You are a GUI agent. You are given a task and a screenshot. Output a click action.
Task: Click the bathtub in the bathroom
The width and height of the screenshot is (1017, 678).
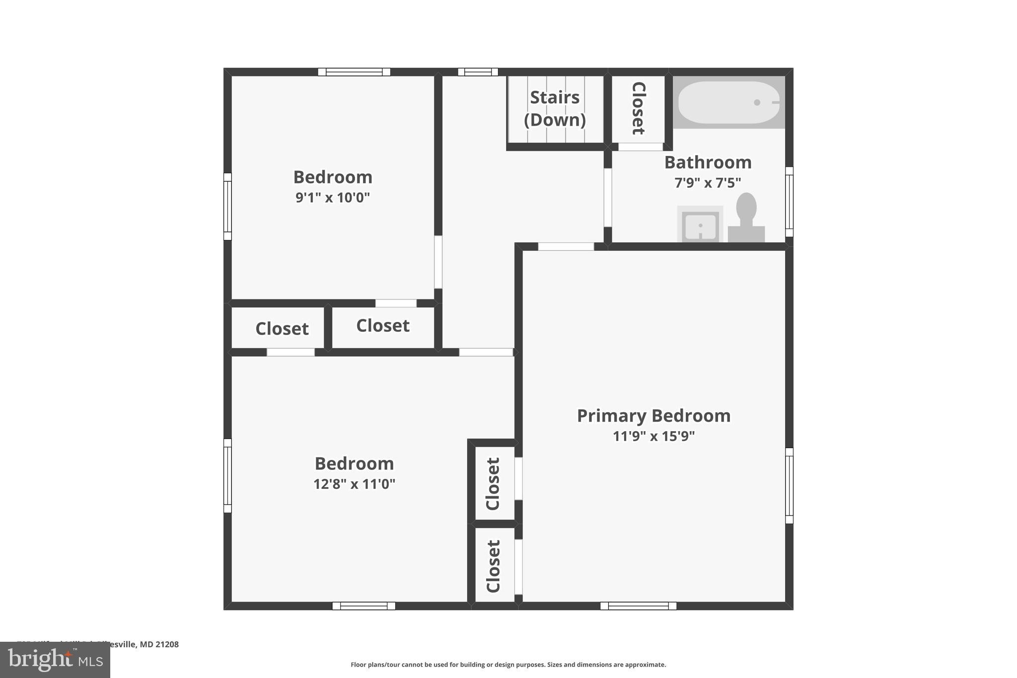728,102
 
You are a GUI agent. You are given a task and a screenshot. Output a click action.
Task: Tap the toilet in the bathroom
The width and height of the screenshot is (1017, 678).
746,219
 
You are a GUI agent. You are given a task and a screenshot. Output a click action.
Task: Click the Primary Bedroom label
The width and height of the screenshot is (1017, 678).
654,416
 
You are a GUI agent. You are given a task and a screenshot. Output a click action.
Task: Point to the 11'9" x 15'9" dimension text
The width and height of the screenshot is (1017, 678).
654,436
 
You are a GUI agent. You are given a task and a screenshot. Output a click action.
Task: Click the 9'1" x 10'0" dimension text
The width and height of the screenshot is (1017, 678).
333,198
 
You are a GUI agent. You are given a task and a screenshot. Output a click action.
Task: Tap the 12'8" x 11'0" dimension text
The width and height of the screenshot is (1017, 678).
354,484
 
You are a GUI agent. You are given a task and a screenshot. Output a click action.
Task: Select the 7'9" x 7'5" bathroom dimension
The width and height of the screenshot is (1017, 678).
708,183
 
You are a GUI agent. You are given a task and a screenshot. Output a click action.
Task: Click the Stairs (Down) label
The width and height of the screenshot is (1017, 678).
555,108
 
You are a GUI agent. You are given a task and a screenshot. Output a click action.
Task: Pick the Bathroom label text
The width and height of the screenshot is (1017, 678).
708,162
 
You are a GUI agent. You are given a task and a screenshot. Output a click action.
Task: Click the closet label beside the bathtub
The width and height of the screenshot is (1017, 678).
639,108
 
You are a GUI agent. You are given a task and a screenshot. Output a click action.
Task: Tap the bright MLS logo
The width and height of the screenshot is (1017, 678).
55,660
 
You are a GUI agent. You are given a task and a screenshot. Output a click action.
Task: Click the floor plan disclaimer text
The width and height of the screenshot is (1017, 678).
508,665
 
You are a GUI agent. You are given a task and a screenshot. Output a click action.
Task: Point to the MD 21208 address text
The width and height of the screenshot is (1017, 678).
159,644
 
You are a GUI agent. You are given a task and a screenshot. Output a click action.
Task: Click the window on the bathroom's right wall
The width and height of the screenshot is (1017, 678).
789,202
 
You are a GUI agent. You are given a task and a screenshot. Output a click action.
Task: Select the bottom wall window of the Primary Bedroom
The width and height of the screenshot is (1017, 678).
638,606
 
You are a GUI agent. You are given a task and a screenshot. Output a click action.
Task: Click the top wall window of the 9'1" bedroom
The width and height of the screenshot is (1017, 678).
354,72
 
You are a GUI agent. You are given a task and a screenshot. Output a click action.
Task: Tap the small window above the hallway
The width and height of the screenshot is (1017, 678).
478,72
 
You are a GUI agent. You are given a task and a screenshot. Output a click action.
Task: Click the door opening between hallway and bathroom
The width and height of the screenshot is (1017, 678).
608,198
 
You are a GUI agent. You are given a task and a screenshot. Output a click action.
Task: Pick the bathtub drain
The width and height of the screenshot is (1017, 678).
757,102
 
